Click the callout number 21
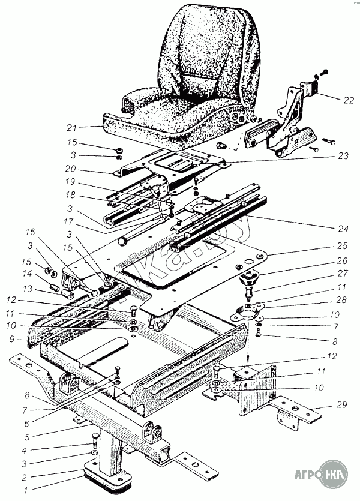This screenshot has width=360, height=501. tap(73, 128)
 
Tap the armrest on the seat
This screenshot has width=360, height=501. tap(144, 96)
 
